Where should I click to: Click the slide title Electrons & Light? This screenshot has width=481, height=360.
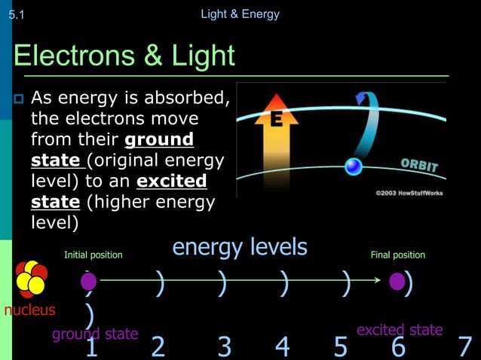click(x=124, y=56)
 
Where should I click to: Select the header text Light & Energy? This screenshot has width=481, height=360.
click(x=240, y=14)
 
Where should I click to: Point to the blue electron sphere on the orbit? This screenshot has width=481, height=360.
click(x=354, y=166)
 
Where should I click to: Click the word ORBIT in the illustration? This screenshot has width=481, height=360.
click(x=419, y=166)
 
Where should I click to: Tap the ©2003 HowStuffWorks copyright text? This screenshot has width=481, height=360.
click(x=409, y=193)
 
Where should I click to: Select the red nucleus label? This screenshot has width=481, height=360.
click(x=29, y=310)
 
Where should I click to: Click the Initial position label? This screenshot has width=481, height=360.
click(x=93, y=255)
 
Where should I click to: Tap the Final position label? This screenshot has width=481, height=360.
click(x=397, y=255)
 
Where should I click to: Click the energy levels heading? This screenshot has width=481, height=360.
click(x=240, y=247)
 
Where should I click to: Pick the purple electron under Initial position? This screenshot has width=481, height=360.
click(x=89, y=282)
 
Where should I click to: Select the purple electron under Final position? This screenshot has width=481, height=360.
click(x=397, y=282)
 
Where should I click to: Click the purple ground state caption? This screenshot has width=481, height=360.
click(x=95, y=334)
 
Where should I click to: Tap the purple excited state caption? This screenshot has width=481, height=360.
click(x=399, y=330)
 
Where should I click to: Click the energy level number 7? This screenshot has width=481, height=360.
click(x=465, y=347)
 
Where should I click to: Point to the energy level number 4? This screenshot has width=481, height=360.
click(x=282, y=347)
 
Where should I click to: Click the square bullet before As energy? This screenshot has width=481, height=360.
click(x=20, y=99)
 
